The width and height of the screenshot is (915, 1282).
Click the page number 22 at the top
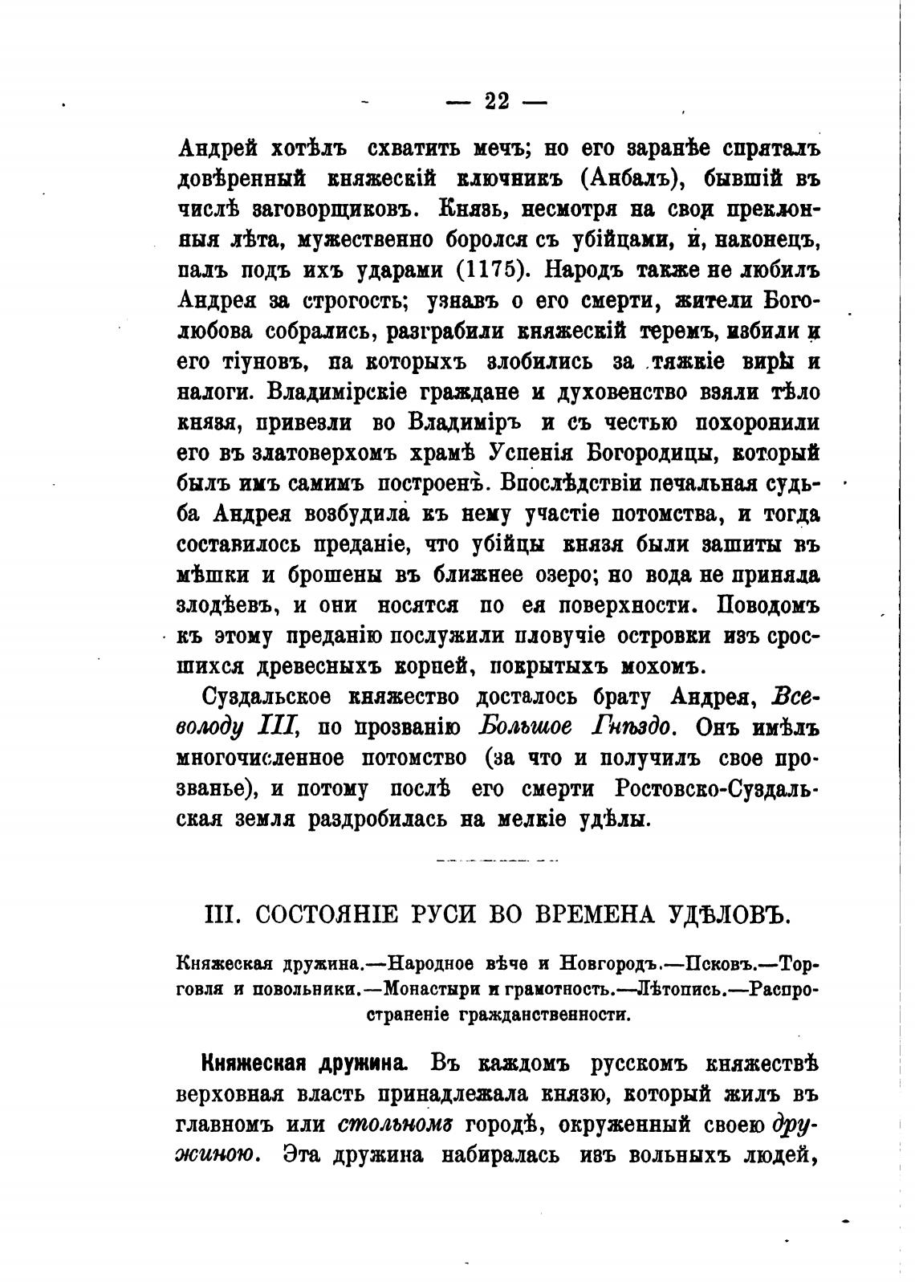pos(497,102)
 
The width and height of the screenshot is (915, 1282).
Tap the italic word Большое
pos(526,727)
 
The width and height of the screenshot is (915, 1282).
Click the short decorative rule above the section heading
pos(497,860)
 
